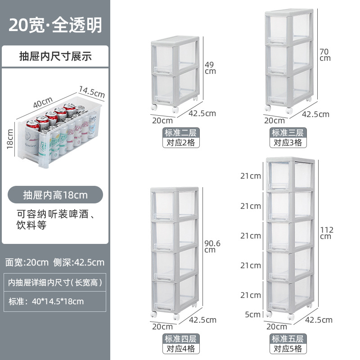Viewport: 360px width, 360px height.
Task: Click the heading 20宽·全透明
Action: (x=55, y=25)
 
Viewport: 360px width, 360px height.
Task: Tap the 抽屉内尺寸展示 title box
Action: (x=55, y=56)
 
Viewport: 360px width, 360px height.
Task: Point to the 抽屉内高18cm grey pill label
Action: (x=55, y=195)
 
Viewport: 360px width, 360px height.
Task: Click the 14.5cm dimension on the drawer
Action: (x=92, y=91)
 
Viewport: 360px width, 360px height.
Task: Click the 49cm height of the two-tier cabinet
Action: (x=210, y=67)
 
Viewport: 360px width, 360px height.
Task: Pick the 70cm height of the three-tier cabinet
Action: (x=324, y=54)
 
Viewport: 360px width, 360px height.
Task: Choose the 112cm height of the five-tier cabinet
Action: (x=326, y=233)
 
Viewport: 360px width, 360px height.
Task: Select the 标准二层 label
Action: (x=181, y=133)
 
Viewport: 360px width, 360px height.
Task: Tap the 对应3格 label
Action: (x=288, y=143)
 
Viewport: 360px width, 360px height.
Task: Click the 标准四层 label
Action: (x=181, y=338)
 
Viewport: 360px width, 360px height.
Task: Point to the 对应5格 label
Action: (x=288, y=348)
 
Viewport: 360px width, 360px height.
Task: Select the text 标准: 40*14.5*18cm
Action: (x=46, y=301)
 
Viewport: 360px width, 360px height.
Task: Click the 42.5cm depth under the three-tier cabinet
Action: (x=315, y=114)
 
